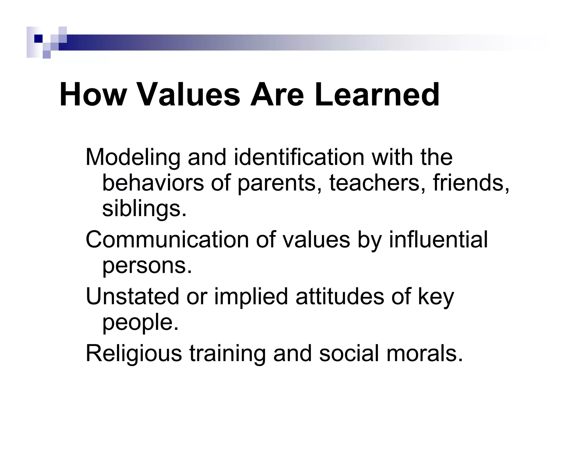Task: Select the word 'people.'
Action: click(x=140, y=322)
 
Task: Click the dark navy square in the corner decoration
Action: click(x=38, y=38)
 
